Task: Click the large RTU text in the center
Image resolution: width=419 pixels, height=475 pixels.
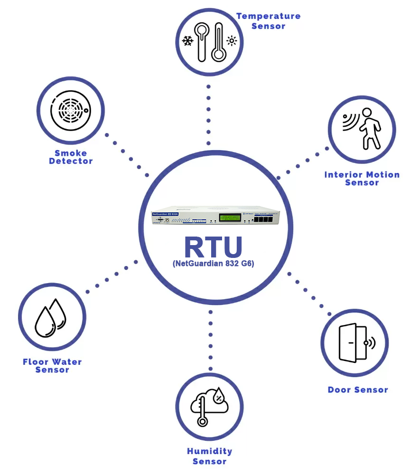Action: point(213,247)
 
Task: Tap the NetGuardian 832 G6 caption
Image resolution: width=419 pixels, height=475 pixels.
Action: point(214,264)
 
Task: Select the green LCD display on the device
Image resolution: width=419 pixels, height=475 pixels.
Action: point(232,218)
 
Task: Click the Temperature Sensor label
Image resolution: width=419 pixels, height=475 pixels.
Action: point(269,21)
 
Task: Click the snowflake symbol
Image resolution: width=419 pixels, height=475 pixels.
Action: point(188,41)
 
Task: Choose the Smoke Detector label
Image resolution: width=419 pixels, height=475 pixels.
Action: point(71,157)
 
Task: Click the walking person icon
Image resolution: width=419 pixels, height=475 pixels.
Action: point(369,128)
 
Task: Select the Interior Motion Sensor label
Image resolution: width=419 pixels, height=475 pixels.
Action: point(362,179)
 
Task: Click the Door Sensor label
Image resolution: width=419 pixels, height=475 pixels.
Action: point(358,390)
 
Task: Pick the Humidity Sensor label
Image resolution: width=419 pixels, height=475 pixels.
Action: point(210,456)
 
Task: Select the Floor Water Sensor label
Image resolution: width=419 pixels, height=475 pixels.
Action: point(52,366)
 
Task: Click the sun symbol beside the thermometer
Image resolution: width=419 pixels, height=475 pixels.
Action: point(232,41)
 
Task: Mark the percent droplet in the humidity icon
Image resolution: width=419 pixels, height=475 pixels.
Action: point(219,395)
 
